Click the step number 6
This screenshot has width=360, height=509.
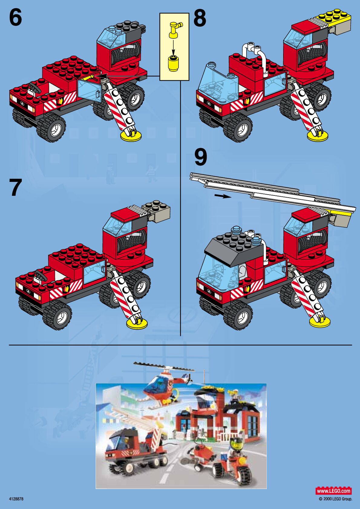point(15,18)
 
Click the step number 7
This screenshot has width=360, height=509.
point(16,187)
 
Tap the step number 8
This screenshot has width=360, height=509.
point(200,18)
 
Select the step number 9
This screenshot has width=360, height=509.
point(201,157)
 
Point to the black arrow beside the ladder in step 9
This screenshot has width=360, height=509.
point(223,196)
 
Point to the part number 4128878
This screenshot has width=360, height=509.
point(16,499)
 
